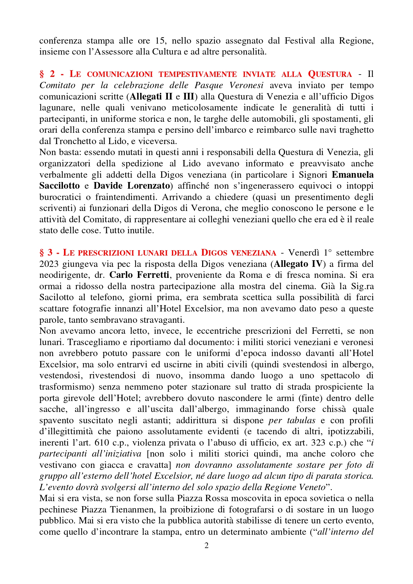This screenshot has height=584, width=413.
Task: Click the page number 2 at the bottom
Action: tap(206, 545)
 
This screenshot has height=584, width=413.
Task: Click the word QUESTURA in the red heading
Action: tap(330, 74)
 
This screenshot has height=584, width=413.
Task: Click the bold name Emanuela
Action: tap(353, 175)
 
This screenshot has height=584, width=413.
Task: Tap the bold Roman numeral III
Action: tap(189, 97)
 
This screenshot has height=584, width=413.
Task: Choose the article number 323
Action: tap(318, 443)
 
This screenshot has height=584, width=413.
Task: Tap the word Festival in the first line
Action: tap(300, 41)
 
